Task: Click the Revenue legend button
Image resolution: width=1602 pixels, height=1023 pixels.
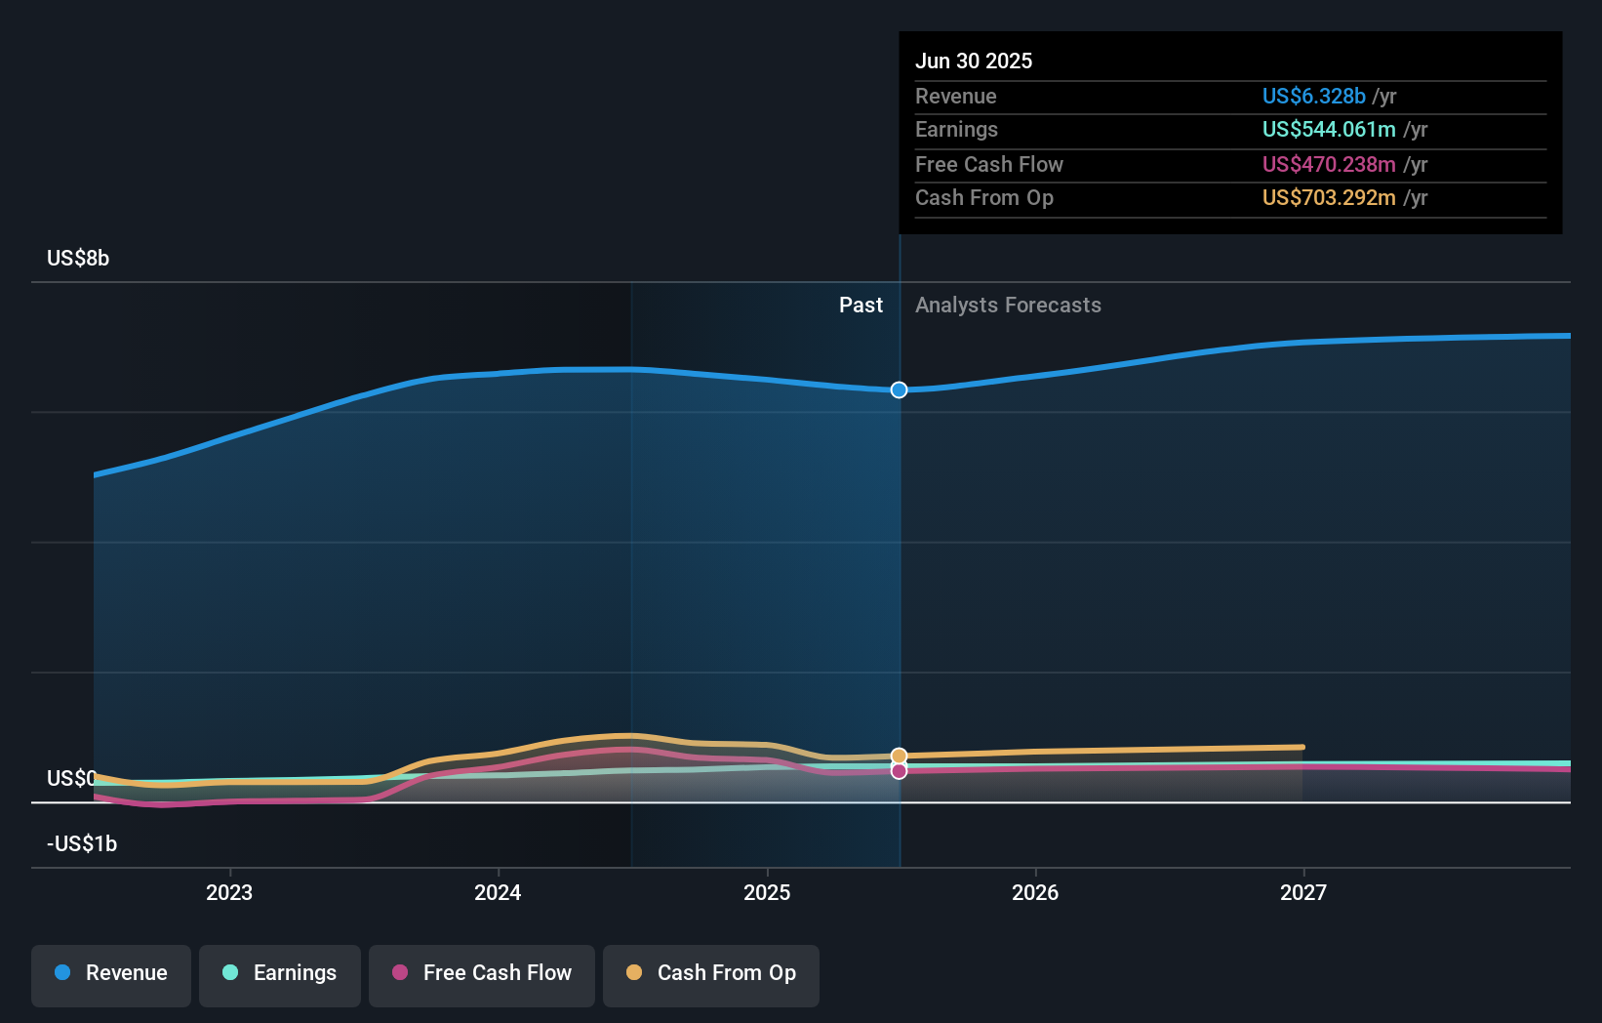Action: click(111, 974)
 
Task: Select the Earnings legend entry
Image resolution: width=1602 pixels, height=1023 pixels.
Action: click(280, 974)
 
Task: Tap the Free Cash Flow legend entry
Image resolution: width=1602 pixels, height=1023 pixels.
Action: click(482, 974)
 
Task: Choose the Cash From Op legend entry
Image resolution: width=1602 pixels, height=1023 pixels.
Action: click(711, 974)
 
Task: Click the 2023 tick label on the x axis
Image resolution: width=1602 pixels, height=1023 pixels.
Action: click(229, 892)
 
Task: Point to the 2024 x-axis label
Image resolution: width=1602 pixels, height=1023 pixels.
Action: click(498, 892)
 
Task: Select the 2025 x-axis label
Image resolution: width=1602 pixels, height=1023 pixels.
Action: click(767, 892)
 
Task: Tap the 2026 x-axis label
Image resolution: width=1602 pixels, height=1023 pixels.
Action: click(1035, 892)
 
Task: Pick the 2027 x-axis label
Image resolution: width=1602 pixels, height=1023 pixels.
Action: click(1303, 892)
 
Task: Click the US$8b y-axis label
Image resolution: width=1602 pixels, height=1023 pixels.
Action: click(78, 259)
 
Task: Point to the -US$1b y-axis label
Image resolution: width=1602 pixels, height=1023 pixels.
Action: click(82, 843)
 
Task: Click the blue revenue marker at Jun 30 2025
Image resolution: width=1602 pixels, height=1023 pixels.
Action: click(900, 389)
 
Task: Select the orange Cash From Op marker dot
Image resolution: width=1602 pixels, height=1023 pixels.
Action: click(900, 757)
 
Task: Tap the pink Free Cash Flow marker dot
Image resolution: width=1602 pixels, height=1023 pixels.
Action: click(900, 771)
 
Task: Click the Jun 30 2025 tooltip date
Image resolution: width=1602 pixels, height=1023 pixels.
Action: click(974, 61)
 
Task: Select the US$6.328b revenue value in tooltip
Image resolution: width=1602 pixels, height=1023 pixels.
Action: click(1313, 96)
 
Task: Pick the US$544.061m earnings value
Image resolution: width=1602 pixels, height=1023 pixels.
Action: click(1328, 130)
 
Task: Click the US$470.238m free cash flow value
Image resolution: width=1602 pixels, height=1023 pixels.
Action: click(1328, 164)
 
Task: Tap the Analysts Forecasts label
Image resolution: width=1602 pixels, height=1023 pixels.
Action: click(1008, 306)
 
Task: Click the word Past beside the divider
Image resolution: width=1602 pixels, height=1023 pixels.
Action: click(861, 306)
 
